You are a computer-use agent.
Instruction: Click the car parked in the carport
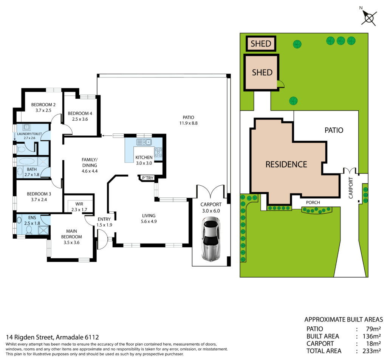pyautogui.click(x=211, y=239)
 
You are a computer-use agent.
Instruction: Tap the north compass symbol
pyautogui.click(x=369, y=17)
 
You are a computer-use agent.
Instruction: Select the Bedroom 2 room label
pyautogui.click(x=43, y=107)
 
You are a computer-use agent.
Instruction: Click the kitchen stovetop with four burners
pyautogui.click(x=158, y=152)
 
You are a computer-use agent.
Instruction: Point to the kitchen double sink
pyautogui.click(x=144, y=142)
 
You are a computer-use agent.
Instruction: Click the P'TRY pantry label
pyautogui.click(x=148, y=178)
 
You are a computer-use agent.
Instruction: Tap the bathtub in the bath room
pyautogui.click(x=27, y=161)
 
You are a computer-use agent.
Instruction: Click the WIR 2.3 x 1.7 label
pyautogui.click(x=79, y=207)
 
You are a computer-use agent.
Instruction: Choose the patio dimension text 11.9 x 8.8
pyautogui.click(x=188, y=123)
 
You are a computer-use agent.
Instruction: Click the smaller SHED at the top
pyautogui.click(x=261, y=43)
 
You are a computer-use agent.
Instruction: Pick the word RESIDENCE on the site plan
pyautogui.click(x=286, y=164)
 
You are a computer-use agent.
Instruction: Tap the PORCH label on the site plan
pyautogui.click(x=313, y=202)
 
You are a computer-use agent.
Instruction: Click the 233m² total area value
pyautogui.click(x=372, y=351)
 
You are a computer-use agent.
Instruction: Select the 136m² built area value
pyautogui.click(x=372, y=336)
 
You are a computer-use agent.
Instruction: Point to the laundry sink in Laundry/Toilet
pyautogui.click(x=27, y=127)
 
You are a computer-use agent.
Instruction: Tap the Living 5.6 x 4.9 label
pyautogui.click(x=149, y=219)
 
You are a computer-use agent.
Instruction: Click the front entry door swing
pyautogui.click(x=103, y=239)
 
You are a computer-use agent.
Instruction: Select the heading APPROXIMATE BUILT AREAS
pyautogui.click(x=344, y=320)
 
